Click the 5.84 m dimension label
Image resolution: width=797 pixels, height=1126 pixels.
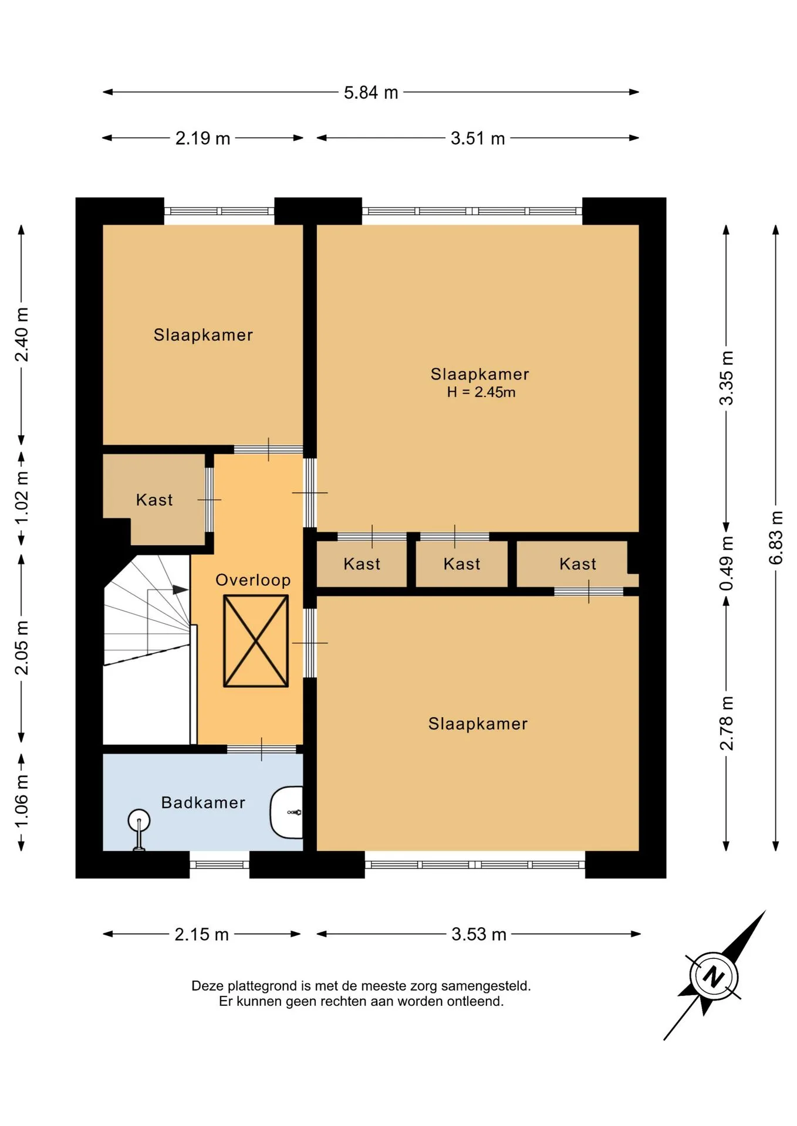tap(371, 93)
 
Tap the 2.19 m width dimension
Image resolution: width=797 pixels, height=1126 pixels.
tap(202, 138)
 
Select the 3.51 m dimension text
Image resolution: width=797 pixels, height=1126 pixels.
tap(478, 138)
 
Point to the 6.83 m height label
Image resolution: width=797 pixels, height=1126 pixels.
tap(776, 538)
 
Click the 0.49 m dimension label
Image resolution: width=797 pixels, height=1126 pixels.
tap(726, 564)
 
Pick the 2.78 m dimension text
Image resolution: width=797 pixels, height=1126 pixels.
tap(726, 723)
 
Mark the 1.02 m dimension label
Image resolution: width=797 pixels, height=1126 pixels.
tap(21, 498)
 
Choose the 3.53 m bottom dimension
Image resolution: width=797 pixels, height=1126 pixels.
tap(479, 934)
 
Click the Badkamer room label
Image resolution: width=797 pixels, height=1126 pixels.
tap(203, 802)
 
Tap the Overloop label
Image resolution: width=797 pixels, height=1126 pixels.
tap(253, 580)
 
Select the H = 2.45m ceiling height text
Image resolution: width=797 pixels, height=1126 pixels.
tap(481, 392)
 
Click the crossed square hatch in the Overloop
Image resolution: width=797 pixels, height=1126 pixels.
tap(256, 641)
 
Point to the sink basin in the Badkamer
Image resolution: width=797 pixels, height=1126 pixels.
tap(286, 812)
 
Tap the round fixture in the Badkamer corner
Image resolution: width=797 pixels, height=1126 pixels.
tap(139, 820)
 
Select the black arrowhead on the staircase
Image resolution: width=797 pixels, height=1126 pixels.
tap(181, 590)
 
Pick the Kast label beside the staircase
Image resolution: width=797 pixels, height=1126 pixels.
tap(154, 500)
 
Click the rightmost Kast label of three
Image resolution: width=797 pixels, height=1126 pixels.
tap(578, 564)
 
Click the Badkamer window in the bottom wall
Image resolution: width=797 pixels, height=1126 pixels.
tap(219, 864)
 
